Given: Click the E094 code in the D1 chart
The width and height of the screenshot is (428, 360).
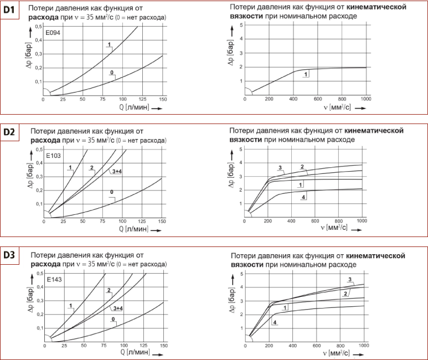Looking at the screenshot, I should point(53,33).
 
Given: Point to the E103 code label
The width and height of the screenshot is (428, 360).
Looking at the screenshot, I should point(53,156).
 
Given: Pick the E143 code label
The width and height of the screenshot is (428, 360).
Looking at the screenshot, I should point(53,279).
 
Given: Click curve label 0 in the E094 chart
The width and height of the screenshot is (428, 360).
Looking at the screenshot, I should point(112,73).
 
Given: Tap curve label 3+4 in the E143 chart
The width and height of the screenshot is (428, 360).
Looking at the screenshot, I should point(117,307).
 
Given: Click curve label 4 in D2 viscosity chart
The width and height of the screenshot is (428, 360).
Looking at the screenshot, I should point(304,197).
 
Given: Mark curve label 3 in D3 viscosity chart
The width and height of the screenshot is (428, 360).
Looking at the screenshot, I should point(350,279).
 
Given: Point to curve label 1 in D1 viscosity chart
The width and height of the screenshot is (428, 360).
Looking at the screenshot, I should point(305,74).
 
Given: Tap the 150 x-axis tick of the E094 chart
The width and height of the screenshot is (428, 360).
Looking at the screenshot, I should point(163,99).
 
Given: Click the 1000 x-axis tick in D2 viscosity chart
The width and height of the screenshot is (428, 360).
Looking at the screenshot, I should point(362,220).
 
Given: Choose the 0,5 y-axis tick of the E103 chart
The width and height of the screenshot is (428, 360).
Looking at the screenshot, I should point(39,150).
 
